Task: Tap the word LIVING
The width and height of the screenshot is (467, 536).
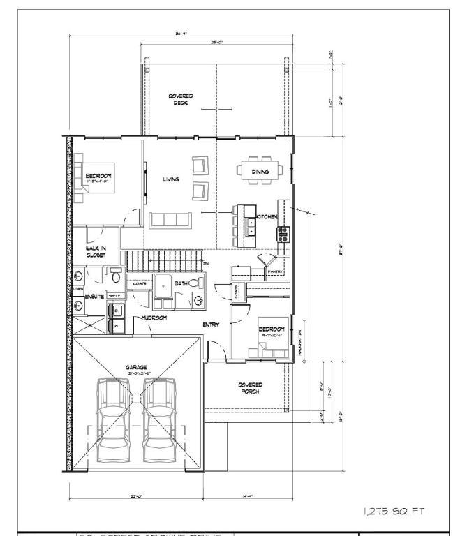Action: (171, 179)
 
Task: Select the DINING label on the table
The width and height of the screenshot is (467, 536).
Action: (260, 170)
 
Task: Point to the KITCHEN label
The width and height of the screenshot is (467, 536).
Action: (267, 217)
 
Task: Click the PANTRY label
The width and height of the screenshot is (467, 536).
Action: (275, 271)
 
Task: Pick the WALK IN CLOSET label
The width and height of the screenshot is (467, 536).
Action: (96, 251)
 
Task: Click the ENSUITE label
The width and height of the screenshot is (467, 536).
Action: (94, 296)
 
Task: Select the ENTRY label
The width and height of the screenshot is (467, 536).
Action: (211, 325)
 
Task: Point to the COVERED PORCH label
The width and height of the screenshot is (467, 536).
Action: (250, 388)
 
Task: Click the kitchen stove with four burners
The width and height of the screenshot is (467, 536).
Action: (283, 234)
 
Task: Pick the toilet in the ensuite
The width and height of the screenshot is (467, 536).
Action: (117, 277)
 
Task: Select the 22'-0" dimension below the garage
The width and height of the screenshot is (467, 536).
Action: (136, 496)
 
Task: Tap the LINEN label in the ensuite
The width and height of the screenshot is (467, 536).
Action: (78, 288)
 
